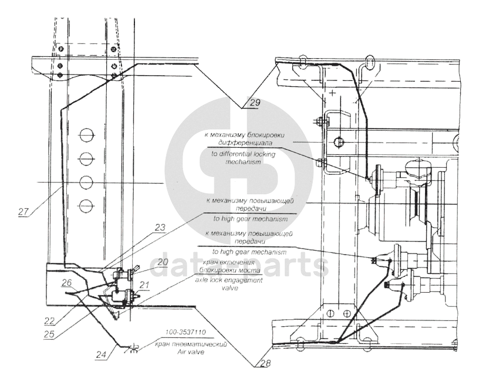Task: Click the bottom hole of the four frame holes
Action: (x=86, y=205)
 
